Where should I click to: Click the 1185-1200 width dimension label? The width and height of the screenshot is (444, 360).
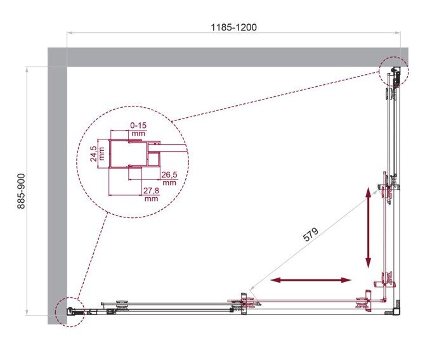[x=234, y=27]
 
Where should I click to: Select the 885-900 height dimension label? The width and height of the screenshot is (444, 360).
[x=20, y=190]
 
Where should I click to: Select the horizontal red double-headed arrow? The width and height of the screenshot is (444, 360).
[x=311, y=280]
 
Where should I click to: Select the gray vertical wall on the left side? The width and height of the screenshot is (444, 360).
[x=57, y=190]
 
